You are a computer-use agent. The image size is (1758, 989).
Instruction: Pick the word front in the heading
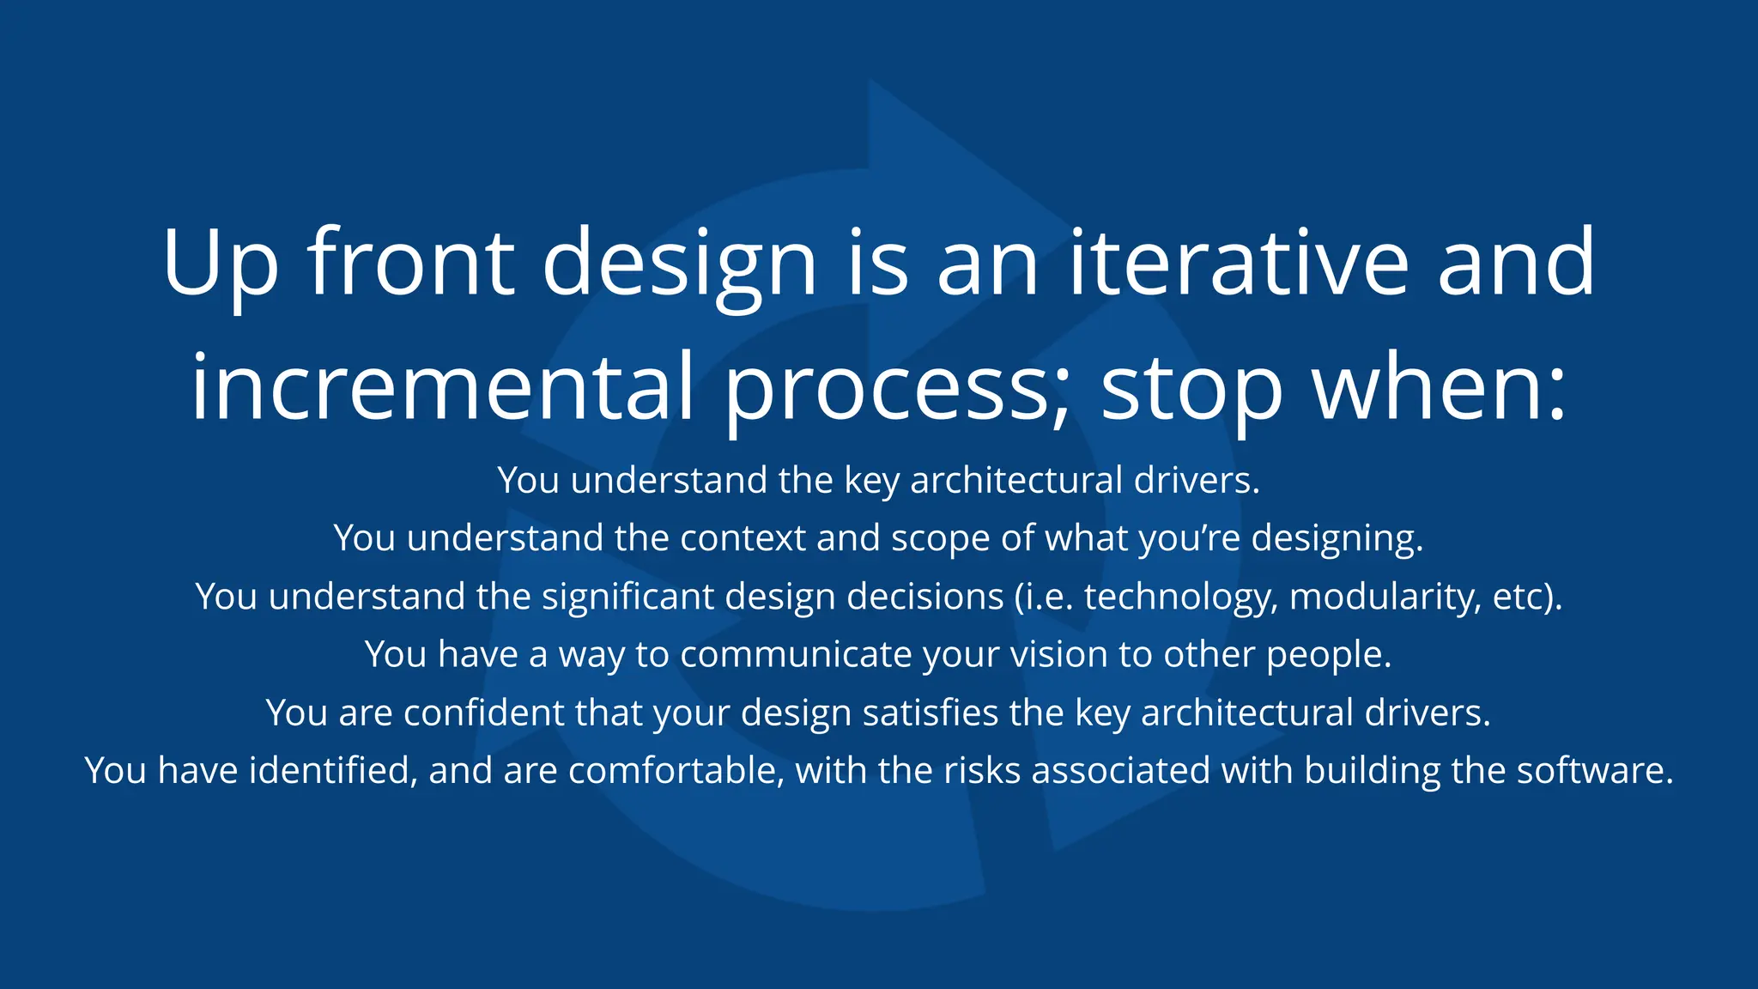pos(411,263)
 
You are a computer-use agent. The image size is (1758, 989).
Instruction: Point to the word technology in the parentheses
pos(1180,598)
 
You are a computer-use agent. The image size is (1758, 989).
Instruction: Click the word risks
pos(982,770)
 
